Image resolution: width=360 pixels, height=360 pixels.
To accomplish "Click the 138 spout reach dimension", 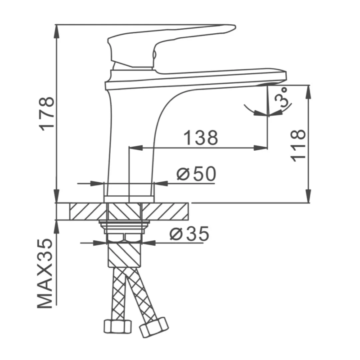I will tap(201, 138).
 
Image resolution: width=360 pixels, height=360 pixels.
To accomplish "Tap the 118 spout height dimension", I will tap(298, 145).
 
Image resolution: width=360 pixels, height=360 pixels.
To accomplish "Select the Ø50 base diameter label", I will tap(196, 174).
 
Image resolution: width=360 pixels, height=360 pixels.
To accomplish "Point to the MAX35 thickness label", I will tap(45, 274).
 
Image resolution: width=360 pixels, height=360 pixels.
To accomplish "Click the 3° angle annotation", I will tap(283, 98).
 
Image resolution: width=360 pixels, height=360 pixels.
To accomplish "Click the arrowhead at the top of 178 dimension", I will tap(56, 29).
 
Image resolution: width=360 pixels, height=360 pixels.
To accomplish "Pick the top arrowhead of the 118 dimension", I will tap(309, 90).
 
